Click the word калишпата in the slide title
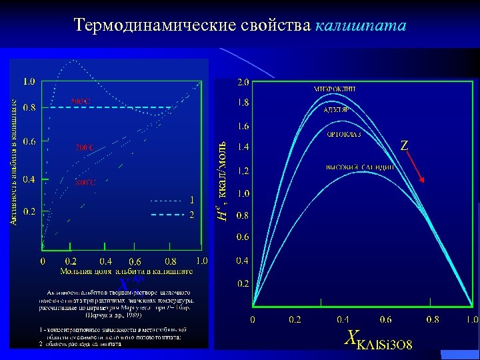pos(361,26)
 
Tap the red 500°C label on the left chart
pos(81,101)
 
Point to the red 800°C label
pos(84,181)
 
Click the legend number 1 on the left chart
pos(192,199)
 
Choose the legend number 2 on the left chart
pos(192,215)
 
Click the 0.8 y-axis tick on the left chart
pos(30,106)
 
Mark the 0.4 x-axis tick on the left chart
pos(105,261)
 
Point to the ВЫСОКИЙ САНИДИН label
pos(360,167)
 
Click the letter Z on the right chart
pos(404,145)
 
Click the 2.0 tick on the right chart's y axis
pos(243,83)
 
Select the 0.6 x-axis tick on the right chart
pos(385,320)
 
